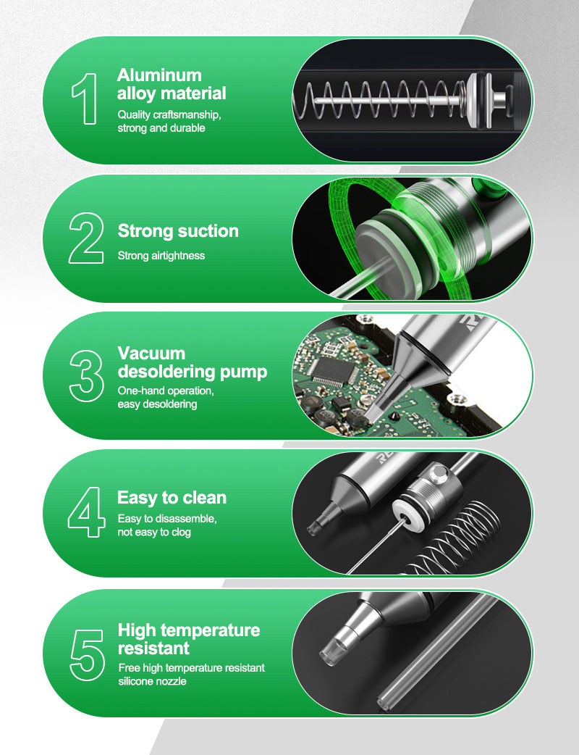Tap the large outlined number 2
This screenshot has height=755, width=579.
(x=86, y=238)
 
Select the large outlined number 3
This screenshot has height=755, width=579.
(x=87, y=376)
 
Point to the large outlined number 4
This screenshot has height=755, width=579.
(x=87, y=512)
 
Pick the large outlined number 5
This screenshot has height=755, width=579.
(x=87, y=655)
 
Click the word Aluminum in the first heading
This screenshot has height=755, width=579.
(x=159, y=75)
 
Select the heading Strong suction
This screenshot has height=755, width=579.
(x=178, y=231)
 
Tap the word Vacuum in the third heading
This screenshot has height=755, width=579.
(x=151, y=353)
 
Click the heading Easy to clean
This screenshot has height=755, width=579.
(x=172, y=497)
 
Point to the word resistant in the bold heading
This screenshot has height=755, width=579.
(x=154, y=648)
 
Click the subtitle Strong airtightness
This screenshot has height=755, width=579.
(x=161, y=256)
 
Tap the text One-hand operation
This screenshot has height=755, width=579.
(x=166, y=391)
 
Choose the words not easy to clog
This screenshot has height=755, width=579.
(x=154, y=532)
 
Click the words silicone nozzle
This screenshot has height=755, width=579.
(x=153, y=681)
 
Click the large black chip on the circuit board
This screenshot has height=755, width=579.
(x=332, y=371)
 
